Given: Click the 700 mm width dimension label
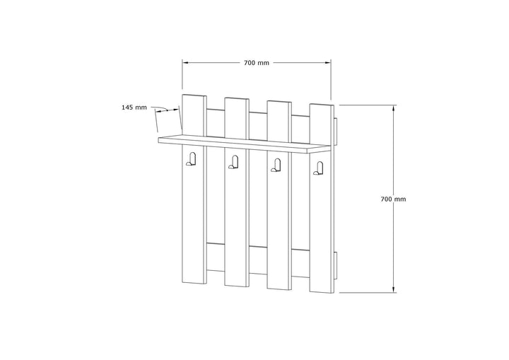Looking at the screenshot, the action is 257,63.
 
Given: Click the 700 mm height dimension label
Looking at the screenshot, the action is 393,199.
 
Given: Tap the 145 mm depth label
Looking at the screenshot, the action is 134,108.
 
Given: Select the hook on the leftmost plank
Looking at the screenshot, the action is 191,160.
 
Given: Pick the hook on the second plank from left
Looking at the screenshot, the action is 233,162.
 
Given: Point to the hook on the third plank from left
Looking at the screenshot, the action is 276,165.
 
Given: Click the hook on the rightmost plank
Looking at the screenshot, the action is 318,168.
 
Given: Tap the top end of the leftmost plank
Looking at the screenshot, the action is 194,95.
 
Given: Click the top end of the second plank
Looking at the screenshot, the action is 237,98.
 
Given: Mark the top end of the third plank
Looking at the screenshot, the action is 279,101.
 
